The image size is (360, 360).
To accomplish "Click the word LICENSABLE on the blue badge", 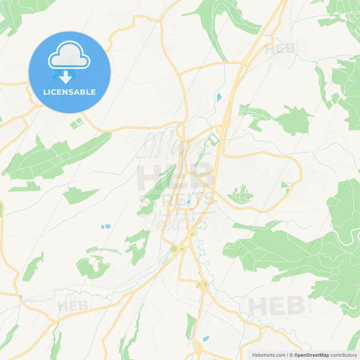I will click(69, 92).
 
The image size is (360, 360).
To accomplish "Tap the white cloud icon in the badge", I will click(69, 55).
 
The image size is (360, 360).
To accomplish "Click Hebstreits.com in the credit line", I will click(269, 355).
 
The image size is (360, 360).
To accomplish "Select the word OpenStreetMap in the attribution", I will click(311, 355).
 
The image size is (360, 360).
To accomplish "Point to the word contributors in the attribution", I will click(343, 355).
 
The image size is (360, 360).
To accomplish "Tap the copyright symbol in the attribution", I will click(291, 355).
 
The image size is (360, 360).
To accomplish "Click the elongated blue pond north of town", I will click(219, 97).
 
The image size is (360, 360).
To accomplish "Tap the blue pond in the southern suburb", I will click(206, 339).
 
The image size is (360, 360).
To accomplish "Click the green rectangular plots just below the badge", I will click(76, 123).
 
